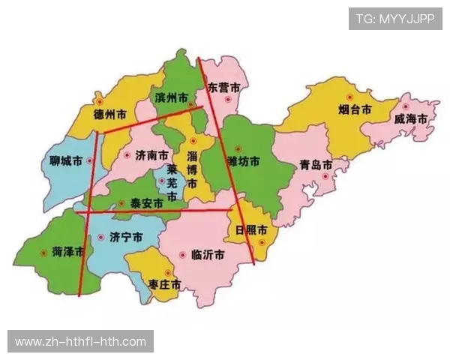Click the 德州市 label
click(109, 115)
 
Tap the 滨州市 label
click(171, 98)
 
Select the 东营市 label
click(223, 88)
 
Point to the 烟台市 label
click(355, 109)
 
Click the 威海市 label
click(411, 118)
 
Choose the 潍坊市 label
click(244, 161)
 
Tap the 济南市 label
click(152, 155)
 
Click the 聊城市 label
click(61, 162)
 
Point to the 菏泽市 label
click(68, 250)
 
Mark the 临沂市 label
click(208, 255)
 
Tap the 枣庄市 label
click(164, 285)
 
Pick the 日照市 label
click(250, 230)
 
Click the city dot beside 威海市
click(406, 97)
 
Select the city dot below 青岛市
click(325, 177)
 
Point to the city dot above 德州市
click(99, 100)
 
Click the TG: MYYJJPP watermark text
click(395, 18)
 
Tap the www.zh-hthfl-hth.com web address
click(81, 342)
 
